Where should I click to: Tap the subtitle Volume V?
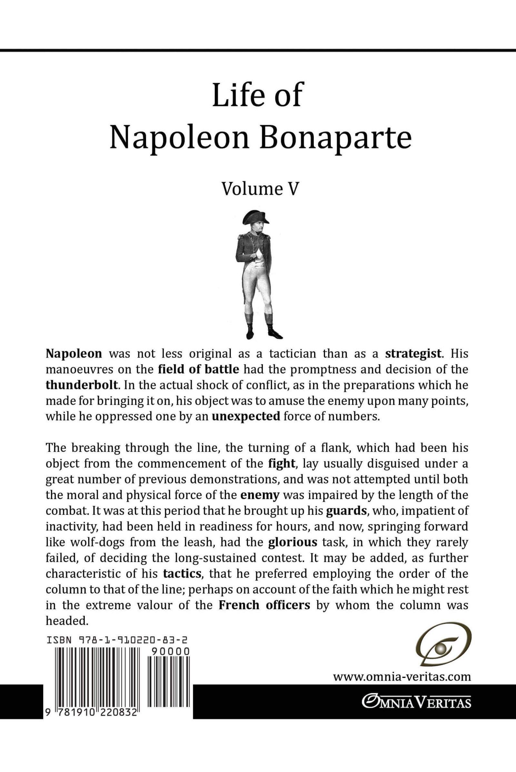[x=260, y=189]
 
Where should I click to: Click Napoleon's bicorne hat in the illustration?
[x=255, y=217]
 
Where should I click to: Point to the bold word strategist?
[x=413, y=354]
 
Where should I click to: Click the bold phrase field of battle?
[x=198, y=369]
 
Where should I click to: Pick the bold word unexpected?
[x=246, y=416]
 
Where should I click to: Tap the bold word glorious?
[x=293, y=542]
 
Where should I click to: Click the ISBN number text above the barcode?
[x=117, y=640]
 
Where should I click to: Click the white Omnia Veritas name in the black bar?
[x=416, y=702]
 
